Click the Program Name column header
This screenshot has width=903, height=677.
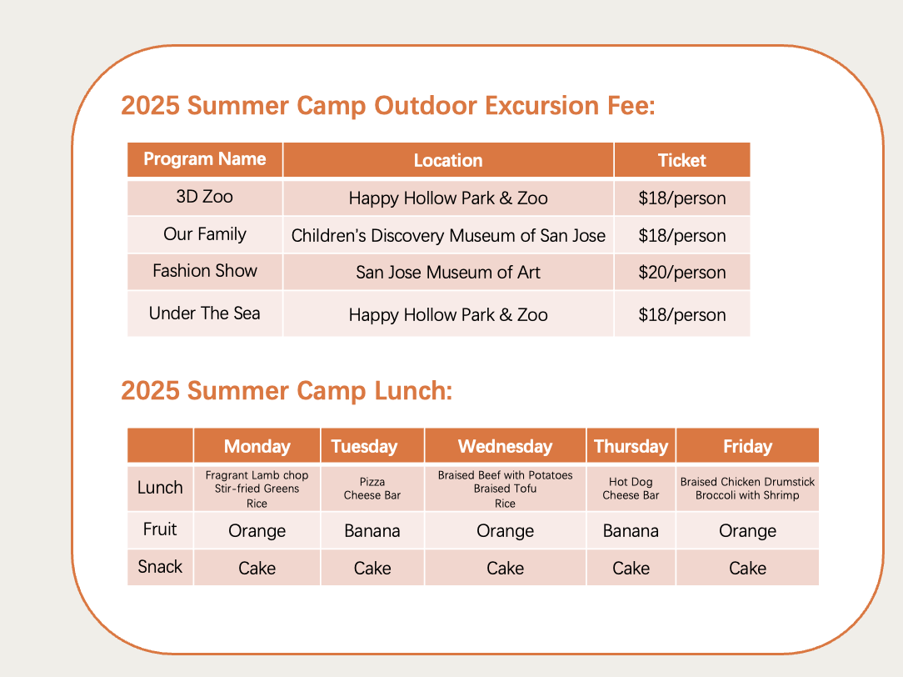tap(204, 159)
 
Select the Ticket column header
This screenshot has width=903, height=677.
tap(682, 160)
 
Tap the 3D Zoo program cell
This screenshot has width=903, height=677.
tap(204, 197)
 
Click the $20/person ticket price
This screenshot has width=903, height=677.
tap(682, 272)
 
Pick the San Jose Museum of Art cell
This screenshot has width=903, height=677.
tap(448, 272)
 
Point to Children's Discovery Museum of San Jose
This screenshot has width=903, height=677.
tap(448, 235)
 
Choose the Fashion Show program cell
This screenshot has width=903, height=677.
tap(204, 271)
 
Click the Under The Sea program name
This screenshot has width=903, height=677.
tap(204, 313)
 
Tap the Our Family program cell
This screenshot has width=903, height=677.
tap(204, 234)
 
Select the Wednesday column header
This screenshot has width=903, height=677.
tap(505, 446)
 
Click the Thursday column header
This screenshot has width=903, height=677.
tap(631, 446)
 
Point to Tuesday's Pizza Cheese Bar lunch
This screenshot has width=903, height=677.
tap(372, 489)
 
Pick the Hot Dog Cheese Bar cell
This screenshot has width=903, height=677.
tap(631, 489)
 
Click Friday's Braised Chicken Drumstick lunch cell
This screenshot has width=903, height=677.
tap(747, 489)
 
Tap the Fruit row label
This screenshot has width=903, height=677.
tap(160, 529)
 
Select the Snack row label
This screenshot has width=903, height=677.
tap(160, 567)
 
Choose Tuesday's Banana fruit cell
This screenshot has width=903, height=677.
tap(372, 530)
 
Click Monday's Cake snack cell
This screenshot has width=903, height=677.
tap(257, 568)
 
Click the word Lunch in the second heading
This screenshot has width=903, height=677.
tap(413, 391)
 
